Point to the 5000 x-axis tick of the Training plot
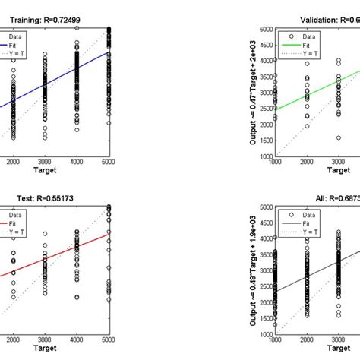109,163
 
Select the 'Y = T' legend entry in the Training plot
18,53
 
